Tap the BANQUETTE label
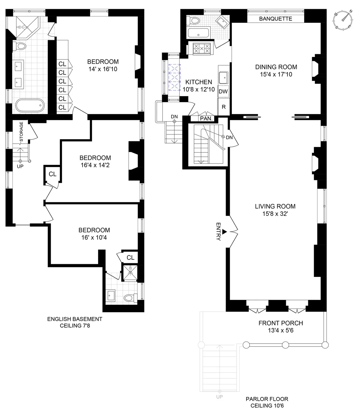tap(275, 19)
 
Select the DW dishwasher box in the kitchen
tap(223, 91)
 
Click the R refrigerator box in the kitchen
tap(223, 107)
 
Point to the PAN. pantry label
tap(206, 118)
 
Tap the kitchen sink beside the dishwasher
tap(223, 78)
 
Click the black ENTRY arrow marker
tap(224, 232)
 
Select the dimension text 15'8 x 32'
tap(275, 214)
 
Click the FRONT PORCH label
tap(280, 323)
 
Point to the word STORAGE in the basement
tap(21, 131)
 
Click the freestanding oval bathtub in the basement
tap(30, 106)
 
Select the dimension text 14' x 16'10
tap(103, 69)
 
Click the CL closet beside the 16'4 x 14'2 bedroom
tap(52, 174)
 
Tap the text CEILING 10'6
tap(267, 406)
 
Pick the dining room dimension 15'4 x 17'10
tap(276, 74)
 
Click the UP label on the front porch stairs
tap(219, 397)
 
